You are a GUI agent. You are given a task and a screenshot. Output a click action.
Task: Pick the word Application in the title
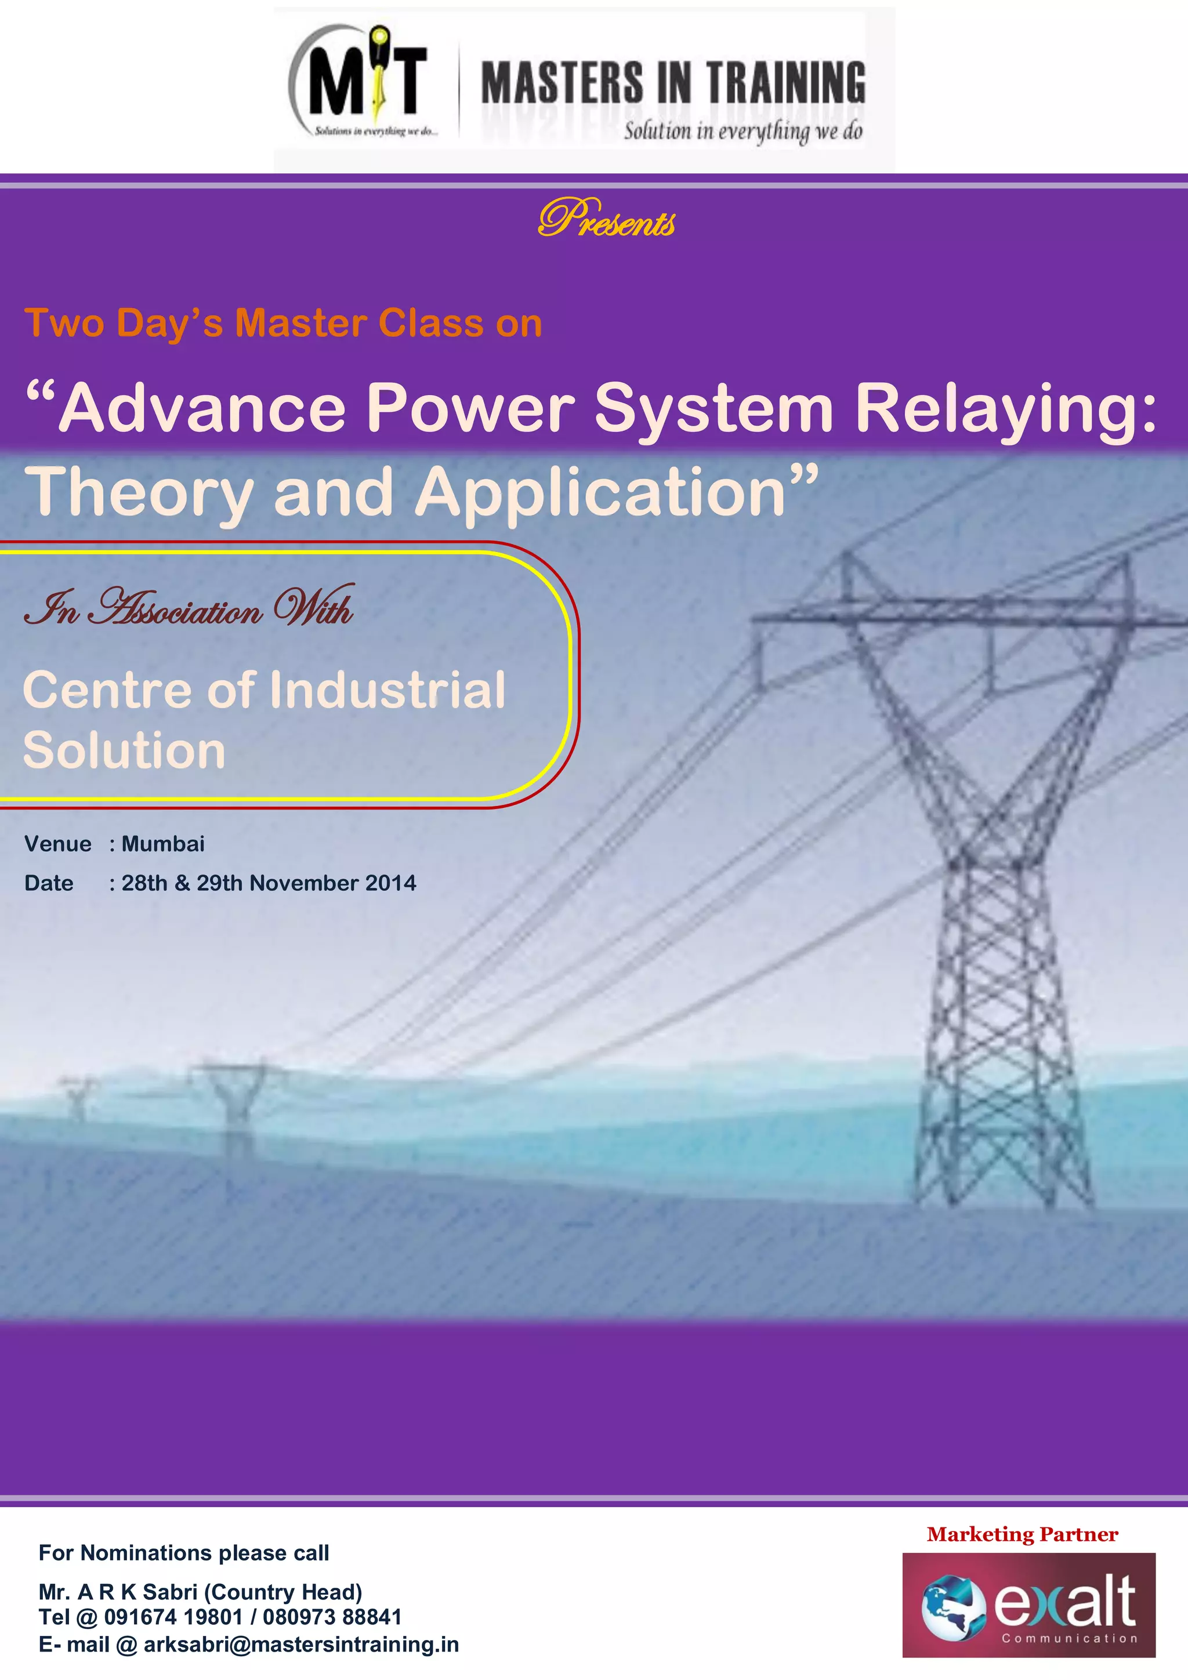(600, 494)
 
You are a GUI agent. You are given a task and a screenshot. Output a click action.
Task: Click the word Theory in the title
(139, 494)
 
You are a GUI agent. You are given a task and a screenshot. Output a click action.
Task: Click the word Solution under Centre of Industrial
(125, 750)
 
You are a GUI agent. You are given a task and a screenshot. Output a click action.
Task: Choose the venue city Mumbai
(163, 844)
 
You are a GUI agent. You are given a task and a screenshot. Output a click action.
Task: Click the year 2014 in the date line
(391, 883)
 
